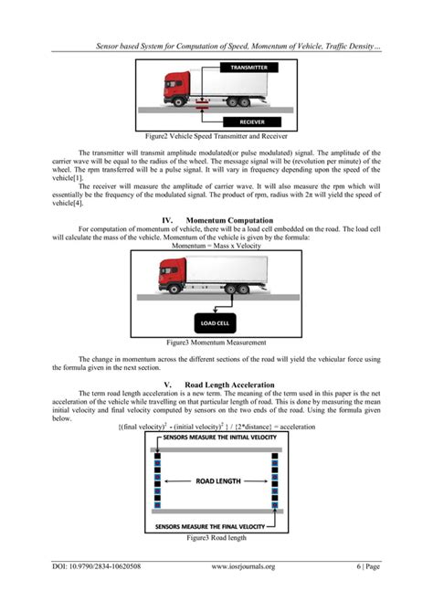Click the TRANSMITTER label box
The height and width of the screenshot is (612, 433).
click(248, 68)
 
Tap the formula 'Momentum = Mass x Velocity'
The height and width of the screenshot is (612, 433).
click(216, 246)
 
